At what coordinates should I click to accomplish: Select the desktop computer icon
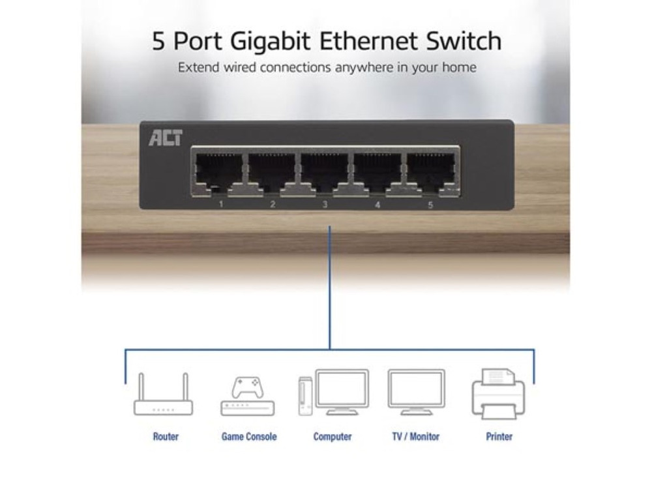(x=333, y=393)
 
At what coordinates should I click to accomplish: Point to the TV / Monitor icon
(x=416, y=393)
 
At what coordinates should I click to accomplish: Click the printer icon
(x=498, y=393)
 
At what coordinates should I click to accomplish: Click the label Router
(x=166, y=437)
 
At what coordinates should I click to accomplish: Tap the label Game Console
(x=249, y=437)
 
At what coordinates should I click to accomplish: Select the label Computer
(x=333, y=437)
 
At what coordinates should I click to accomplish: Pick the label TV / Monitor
(x=415, y=437)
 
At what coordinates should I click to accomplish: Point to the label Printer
(x=499, y=437)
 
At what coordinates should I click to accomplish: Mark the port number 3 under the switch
(x=325, y=205)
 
